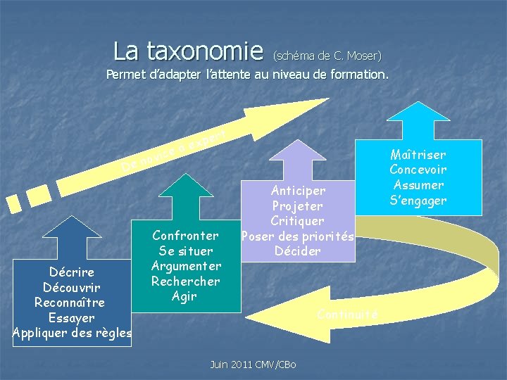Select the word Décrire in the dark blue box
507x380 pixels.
pyautogui.click(x=72, y=272)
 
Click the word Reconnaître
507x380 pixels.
pyautogui.click(x=70, y=303)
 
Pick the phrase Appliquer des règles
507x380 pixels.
pyautogui.click(x=72, y=334)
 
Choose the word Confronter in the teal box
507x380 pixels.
pyautogui.click(x=185, y=235)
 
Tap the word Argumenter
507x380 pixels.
pyautogui.click(x=186, y=266)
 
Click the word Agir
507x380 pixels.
pyautogui.click(x=185, y=296)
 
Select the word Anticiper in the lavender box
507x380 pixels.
pyautogui.click(x=299, y=191)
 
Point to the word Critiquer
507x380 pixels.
pyautogui.click(x=299, y=221)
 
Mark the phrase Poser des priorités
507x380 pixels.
pyautogui.click(x=297, y=236)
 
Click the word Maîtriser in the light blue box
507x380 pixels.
pyautogui.click(x=418, y=154)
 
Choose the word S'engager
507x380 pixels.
pyautogui.click(x=418, y=201)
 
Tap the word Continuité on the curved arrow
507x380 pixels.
pyautogui.click(x=348, y=314)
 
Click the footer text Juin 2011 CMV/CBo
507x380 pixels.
pyautogui.click(x=253, y=364)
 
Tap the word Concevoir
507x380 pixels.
pyautogui.click(x=418, y=170)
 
